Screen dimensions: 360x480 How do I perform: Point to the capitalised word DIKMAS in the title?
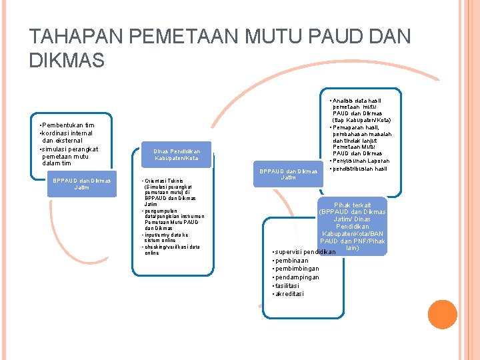point(67,61)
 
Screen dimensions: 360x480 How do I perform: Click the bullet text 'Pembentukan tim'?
point(67,125)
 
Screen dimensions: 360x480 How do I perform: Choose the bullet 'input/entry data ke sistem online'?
point(167,237)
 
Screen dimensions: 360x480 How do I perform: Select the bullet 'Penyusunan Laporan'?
point(361,161)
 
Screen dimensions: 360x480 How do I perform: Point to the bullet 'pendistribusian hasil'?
point(359,169)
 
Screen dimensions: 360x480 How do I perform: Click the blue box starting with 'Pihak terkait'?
point(352,227)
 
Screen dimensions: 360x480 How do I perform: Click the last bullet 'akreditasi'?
point(290,294)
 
